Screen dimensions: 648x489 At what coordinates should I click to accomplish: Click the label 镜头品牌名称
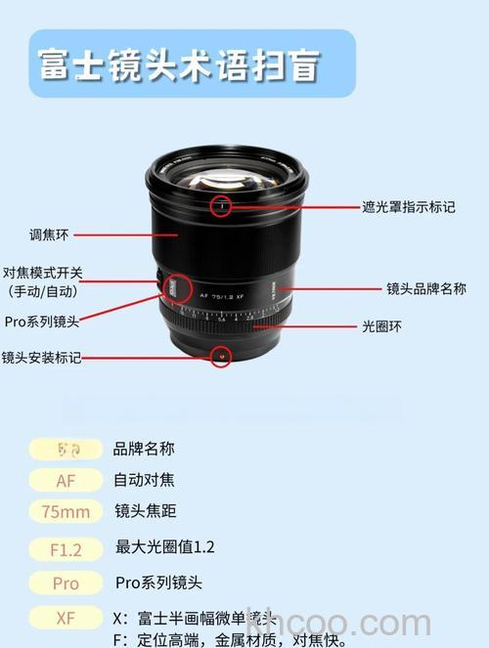click(425, 289)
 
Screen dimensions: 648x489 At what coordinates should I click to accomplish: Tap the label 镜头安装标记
click(41, 358)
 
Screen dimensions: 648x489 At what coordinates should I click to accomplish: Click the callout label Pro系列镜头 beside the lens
click(42, 321)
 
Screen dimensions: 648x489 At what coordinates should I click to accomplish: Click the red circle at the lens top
click(222, 205)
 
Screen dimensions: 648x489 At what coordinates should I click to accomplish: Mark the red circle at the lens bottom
click(222, 356)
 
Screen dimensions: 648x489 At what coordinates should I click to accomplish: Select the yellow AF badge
click(66, 480)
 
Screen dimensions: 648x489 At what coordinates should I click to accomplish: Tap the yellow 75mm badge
click(66, 512)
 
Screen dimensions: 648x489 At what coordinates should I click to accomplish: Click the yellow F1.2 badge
click(66, 549)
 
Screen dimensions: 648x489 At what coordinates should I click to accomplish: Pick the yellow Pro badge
click(66, 583)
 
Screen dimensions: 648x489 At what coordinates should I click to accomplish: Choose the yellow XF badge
click(66, 618)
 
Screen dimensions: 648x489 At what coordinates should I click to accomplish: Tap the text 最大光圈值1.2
click(164, 546)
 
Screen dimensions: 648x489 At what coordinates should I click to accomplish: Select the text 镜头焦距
click(146, 511)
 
